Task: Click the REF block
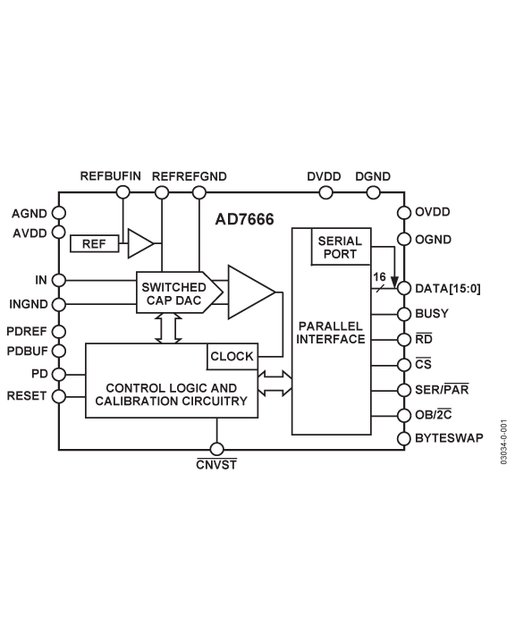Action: (x=94, y=243)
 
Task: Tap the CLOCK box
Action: (x=232, y=357)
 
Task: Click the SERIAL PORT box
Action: (x=340, y=247)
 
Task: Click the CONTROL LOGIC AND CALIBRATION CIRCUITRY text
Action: (x=171, y=395)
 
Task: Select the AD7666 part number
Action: (x=244, y=218)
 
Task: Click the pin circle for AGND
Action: (x=59, y=214)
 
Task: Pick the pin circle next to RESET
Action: (x=59, y=395)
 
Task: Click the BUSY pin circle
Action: (x=404, y=314)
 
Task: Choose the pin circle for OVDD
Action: (x=404, y=213)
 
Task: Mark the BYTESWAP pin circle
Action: (x=404, y=437)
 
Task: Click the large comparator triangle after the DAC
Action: (x=249, y=292)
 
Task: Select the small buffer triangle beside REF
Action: (x=139, y=242)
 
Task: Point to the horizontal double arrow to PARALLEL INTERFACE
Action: (x=274, y=384)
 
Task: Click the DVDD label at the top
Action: (x=324, y=177)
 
